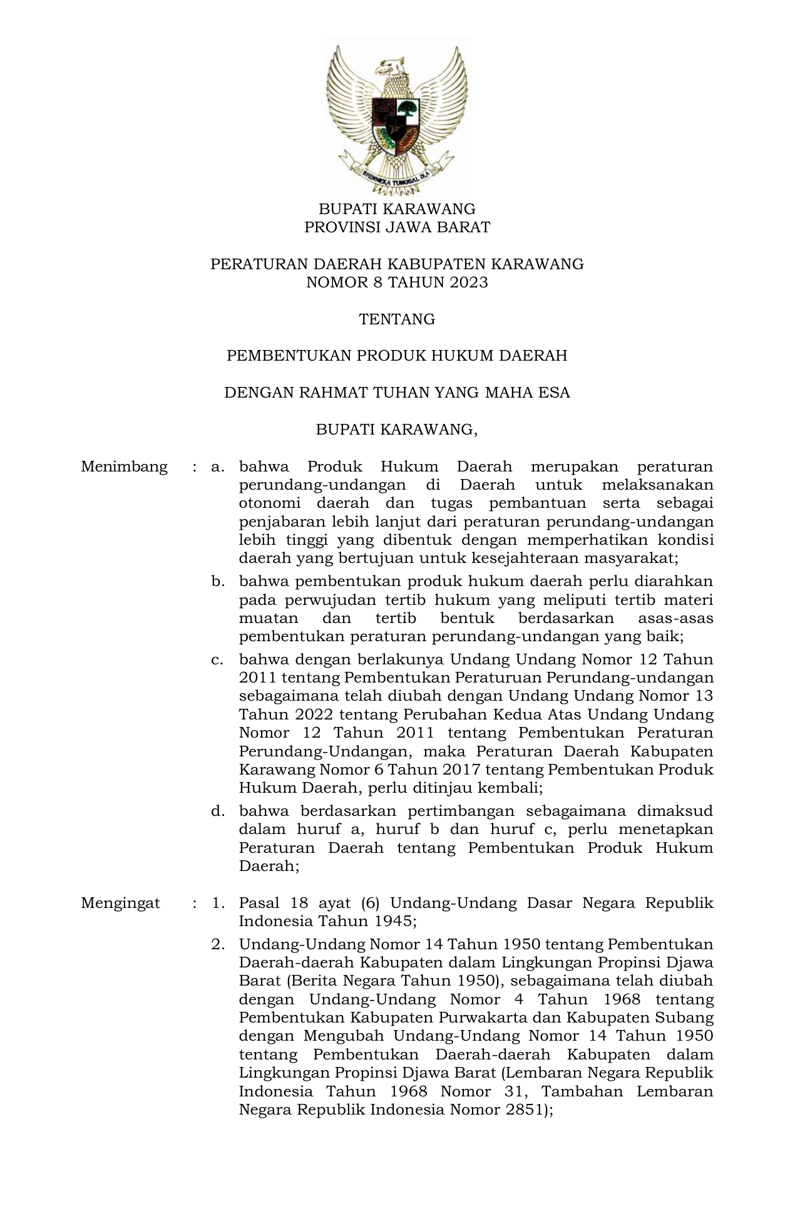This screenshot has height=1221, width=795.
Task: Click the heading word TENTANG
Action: coord(397,319)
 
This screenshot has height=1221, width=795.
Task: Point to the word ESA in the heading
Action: coord(553,393)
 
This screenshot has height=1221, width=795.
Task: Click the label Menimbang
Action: coord(124,466)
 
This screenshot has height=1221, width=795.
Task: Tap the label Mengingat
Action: coord(120,903)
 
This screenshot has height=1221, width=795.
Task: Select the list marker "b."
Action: coord(218,582)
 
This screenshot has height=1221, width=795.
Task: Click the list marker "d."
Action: coord(218,811)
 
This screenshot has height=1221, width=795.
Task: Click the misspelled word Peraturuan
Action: coord(500,677)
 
